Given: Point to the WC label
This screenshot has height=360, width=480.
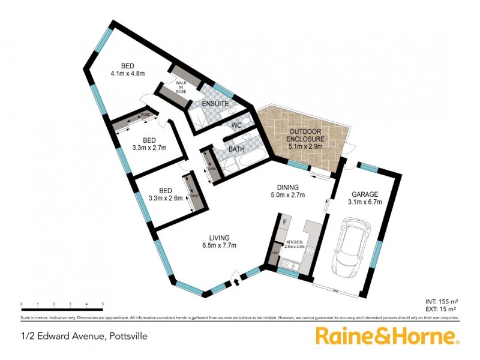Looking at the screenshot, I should pos(236,125).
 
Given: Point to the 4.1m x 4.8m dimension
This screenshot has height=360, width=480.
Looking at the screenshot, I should pos(128,74).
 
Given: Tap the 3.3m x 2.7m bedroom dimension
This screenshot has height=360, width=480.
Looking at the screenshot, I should pos(148,147).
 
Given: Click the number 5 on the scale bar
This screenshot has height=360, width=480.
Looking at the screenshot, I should pos(103,305).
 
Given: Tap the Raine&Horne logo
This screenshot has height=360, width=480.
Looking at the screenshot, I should pos(387,336).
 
